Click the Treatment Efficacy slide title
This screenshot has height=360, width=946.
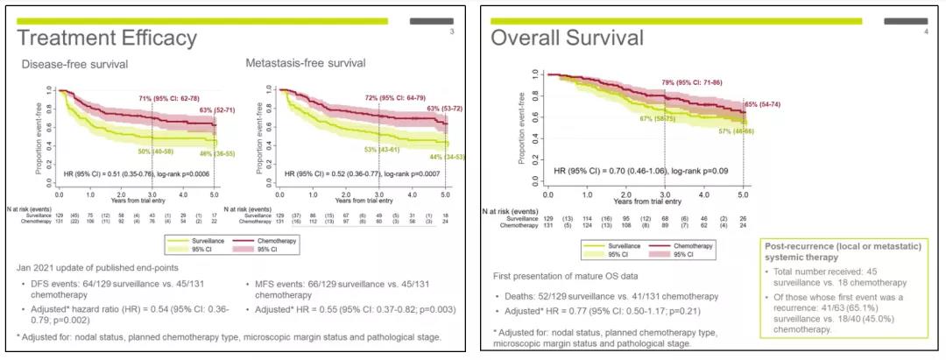[x=107, y=39]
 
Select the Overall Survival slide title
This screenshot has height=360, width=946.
[x=566, y=39]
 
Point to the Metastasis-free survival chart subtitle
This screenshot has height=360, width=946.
[x=304, y=64]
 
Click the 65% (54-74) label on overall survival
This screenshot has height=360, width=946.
[x=762, y=104]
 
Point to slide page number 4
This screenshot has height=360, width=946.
[x=925, y=32]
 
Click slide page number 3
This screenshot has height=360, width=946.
[x=451, y=32]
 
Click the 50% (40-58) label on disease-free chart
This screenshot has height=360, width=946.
[x=161, y=152]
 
